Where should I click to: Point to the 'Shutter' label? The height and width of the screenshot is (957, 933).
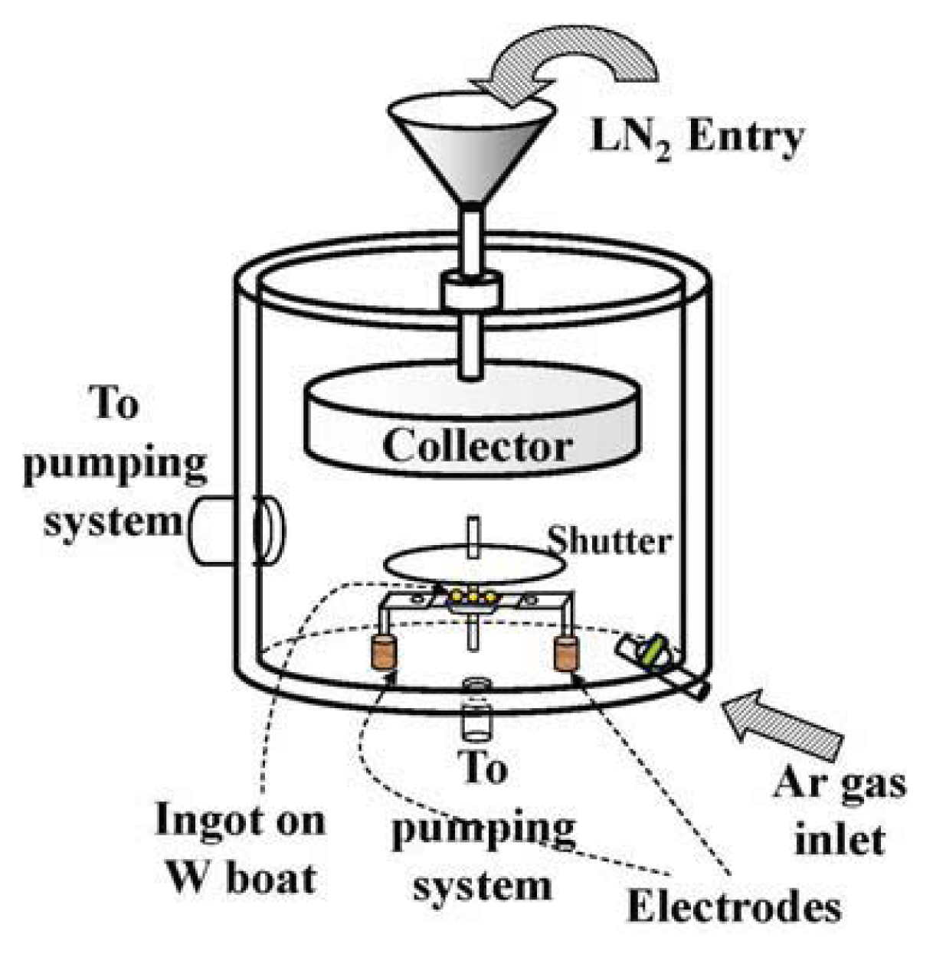pyautogui.click(x=609, y=541)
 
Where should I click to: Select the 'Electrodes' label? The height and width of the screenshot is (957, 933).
pyautogui.click(x=733, y=907)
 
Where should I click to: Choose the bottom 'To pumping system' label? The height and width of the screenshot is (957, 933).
pyautogui.click(x=483, y=827)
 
